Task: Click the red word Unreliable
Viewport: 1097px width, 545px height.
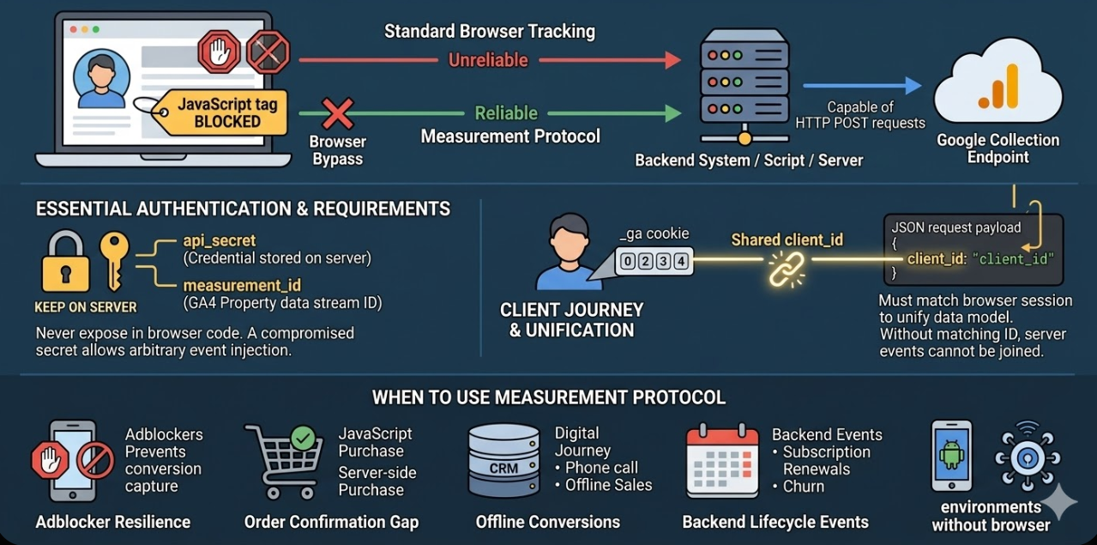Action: click(489, 60)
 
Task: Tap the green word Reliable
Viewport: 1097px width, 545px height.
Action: click(506, 112)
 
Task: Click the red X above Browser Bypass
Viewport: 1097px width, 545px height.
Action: click(338, 113)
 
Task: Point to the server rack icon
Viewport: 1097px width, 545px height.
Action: click(743, 86)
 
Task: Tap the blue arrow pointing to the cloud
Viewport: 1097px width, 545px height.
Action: click(861, 85)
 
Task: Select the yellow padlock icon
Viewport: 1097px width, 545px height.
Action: click(66, 263)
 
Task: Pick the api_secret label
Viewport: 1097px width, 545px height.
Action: click(219, 241)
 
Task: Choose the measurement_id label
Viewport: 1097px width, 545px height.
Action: click(242, 285)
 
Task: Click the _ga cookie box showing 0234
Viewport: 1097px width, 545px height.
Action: click(654, 262)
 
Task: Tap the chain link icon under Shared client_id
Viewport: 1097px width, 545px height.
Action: click(785, 267)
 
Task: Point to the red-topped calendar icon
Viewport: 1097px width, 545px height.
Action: click(722, 462)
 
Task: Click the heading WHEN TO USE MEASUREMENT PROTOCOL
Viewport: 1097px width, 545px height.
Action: click(548, 397)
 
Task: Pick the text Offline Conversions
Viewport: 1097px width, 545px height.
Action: click(547, 522)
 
